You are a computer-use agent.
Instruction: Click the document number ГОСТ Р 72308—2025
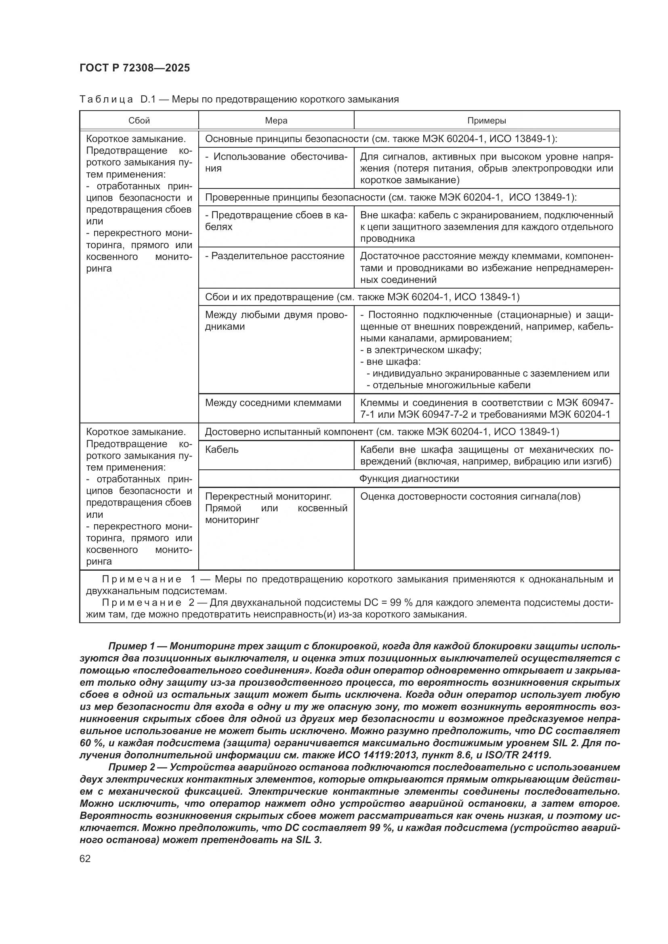tap(134, 68)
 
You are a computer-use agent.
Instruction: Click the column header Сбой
tap(139, 120)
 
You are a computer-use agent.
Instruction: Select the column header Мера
tap(276, 120)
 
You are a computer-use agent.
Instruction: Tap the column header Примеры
tap(486, 120)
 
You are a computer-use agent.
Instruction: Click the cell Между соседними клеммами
tap(273, 402)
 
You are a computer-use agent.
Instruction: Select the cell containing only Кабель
tap(222, 449)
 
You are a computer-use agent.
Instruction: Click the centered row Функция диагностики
tap(409, 479)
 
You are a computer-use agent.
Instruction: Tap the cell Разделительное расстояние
tap(275, 256)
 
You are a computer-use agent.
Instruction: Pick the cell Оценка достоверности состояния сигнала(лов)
tap(470, 496)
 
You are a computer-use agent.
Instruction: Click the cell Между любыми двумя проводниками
tap(276, 320)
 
